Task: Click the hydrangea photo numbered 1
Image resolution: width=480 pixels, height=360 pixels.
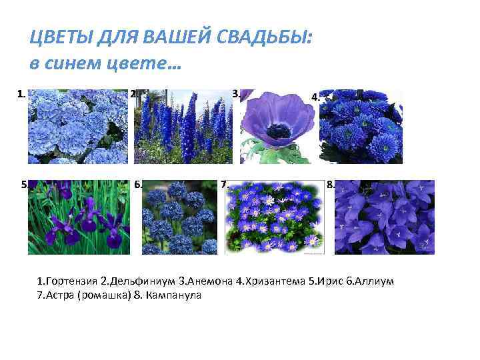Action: tap(77, 127)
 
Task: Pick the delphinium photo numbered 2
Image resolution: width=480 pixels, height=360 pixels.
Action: tap(183, 127)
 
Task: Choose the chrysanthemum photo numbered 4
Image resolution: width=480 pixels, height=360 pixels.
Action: tap(361, 127)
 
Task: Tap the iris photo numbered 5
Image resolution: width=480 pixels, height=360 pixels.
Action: tap(77, 217)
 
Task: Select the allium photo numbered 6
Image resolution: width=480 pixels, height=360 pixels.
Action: tap(180, 217)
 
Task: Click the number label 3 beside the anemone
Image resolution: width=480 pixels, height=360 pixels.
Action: tap(235, 94)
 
